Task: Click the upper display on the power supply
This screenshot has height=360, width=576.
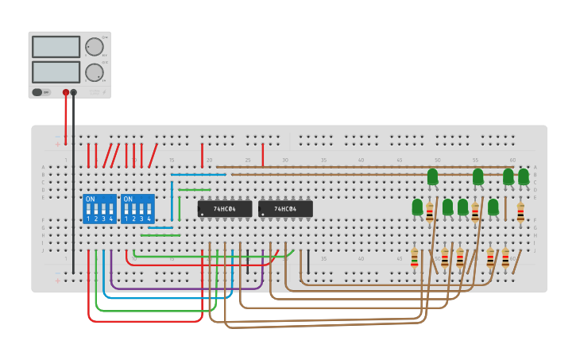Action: [56, 47]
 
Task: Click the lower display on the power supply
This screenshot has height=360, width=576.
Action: [56, 72]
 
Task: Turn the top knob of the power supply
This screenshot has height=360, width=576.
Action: [95, 47]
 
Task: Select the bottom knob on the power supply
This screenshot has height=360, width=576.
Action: [95, 72]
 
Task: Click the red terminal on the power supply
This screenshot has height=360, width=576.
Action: [66, 92]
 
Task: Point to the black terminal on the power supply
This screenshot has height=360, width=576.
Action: [74, 92]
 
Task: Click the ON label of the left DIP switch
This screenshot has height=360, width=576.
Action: [90, 199]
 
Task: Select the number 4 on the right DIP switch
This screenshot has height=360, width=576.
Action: [149, 219]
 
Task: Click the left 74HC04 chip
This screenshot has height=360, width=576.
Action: [225, 209]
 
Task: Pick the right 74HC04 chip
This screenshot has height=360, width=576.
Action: [285, 209]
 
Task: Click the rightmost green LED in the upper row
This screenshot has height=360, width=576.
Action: [524, 176]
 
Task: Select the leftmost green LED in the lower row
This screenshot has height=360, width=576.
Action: [417, 207]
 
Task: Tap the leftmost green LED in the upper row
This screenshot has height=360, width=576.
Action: [432, 176]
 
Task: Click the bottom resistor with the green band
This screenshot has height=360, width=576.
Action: [414, 257]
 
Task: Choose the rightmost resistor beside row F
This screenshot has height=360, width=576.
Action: [520, 212]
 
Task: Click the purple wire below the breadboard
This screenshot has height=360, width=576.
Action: [187, 288]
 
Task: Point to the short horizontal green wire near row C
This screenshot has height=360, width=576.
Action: [195, 190]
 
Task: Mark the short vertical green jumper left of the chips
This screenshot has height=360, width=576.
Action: [180, 208]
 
